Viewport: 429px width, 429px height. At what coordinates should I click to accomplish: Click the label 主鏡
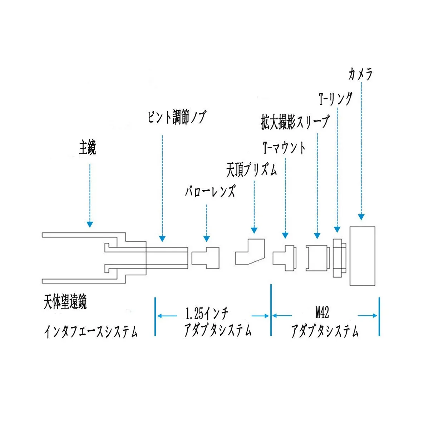[87, 148]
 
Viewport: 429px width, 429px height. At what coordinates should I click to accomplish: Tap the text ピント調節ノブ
[176, 117]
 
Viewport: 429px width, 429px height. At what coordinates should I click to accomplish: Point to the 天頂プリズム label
[251, 170]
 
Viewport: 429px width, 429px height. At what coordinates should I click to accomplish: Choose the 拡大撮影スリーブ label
[295, 122]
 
